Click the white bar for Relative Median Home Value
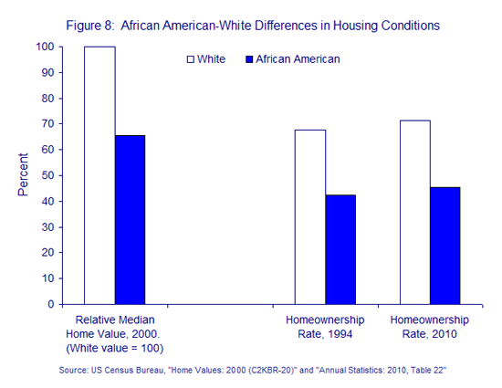[x=99, y=175]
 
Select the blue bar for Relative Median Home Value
[x=131, y=220]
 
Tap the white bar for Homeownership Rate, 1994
[x=310, y=217]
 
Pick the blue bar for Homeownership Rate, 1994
[x=340, y=249]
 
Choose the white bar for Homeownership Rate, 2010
[x=415, y=212]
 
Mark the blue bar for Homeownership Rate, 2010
[x=445, y=246]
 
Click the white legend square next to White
[x=191, y=59]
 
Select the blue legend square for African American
[x=249, y=59]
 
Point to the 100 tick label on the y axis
[x=45, y=47]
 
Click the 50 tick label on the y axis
[x=47, y=175]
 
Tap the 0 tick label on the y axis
[x=51, y=304]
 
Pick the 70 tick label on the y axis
[x=47, y=123]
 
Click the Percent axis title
[x=23, y=174]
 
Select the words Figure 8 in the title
[x=90, y=26]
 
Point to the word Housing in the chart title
[x=355, y=26]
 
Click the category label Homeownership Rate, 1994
[x=325, y=327]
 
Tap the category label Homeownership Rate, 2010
[x=429, y=327]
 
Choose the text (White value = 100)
[x=115, y=348]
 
